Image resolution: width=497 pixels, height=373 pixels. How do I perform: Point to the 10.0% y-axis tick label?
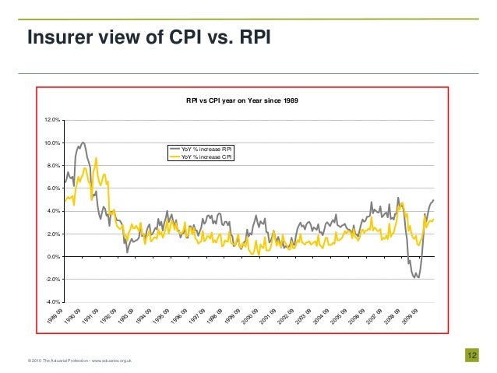[x=52, y=143]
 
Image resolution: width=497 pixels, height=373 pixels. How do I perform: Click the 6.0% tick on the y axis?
[x=53, y=188]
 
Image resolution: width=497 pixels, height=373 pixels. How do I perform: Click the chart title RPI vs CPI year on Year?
[x=241, y=100]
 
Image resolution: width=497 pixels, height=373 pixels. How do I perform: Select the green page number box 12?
[x=471, y=355]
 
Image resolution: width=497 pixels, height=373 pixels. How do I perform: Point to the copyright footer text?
[x=79, y=360]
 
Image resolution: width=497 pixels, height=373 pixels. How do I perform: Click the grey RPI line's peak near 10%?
[x=83, y=143]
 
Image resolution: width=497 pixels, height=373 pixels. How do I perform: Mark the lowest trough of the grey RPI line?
[x=418, y=277]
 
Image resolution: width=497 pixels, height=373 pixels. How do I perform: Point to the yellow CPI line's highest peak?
[x=96, y=158]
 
